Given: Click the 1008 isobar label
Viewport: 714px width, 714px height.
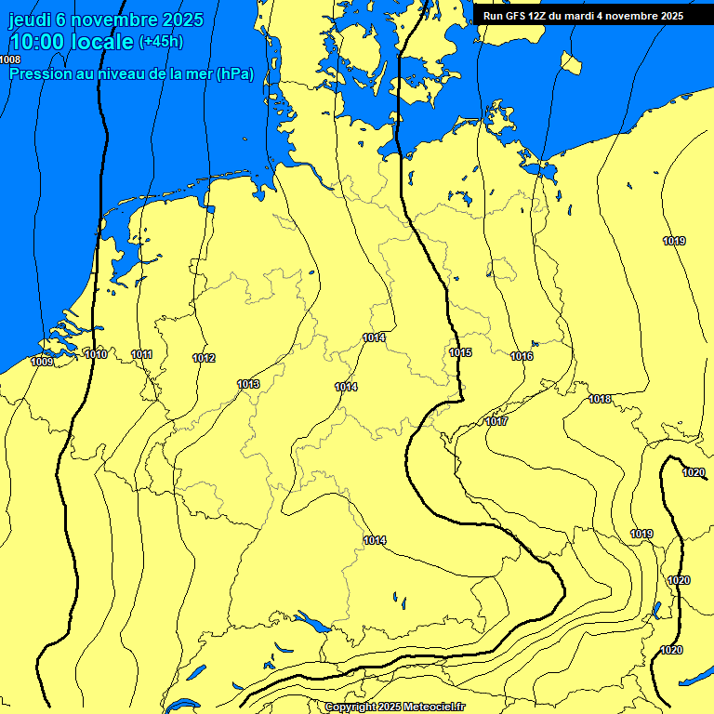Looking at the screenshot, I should [10, 59].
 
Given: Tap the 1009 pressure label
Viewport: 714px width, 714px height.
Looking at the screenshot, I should [42, 362].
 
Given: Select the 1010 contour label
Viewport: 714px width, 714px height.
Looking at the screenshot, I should [95, 354].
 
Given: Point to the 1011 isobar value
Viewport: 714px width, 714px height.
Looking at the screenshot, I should [142, 354].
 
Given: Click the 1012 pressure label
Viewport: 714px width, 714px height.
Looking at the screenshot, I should [204, 358].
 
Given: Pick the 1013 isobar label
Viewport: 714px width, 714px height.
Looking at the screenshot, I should [248, 384].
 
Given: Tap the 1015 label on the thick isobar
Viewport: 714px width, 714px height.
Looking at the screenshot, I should [460, 352].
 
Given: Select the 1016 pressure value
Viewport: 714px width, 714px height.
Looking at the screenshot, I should [522, 356].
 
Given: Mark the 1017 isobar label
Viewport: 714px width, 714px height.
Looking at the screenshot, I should [496, 421].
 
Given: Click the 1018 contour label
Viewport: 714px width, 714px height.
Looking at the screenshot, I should [600, 399].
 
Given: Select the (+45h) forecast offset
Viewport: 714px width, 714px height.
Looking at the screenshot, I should [161, 42].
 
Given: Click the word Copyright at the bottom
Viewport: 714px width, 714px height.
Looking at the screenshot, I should [351, 707].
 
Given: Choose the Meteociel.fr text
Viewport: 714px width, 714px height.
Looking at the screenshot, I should [435, 707].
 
